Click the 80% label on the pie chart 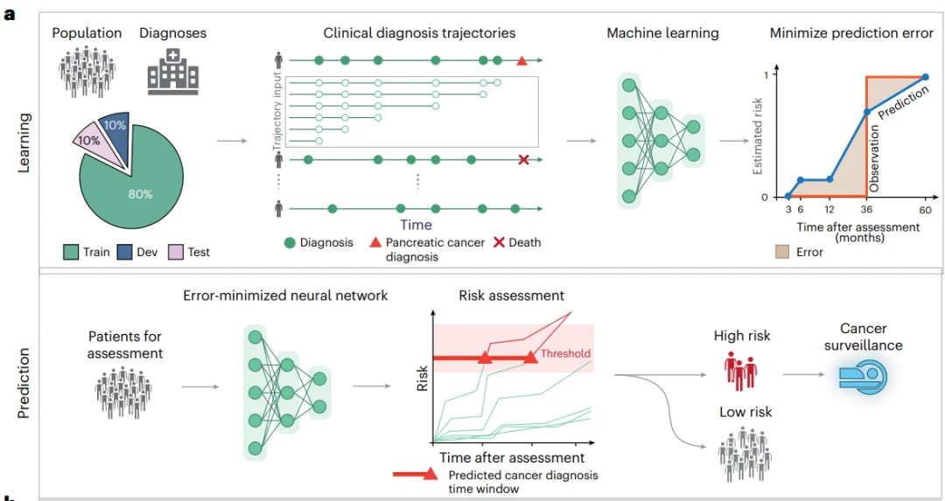[140, 194]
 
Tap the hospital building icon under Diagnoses [173, 72]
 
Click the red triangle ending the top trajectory [521, 61]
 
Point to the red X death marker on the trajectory [524, 160]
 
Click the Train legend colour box [71, 252]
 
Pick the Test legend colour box [175, 252]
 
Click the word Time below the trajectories [416, 225]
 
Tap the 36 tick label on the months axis [866, 210]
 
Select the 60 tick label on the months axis [925, 210]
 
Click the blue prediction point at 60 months [926, 77]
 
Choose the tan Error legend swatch [782, 252]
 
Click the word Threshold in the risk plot [565, 353]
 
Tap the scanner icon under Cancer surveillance [864, 378]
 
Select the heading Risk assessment [512, 296]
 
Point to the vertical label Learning [24, 143]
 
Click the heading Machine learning [662, 33]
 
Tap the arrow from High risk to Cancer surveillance [803, 374]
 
